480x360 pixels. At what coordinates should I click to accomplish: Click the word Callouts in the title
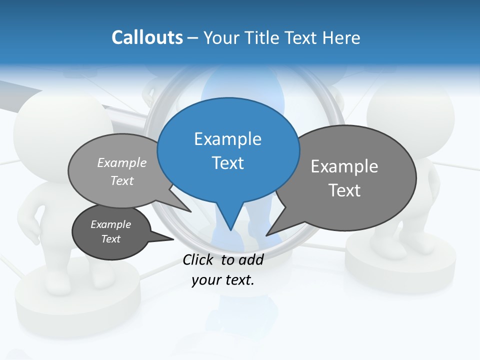(x=147, y=37)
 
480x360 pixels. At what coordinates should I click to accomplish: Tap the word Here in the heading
(x=342, y=37)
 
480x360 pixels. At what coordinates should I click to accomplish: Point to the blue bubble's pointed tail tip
(x=230, y=230)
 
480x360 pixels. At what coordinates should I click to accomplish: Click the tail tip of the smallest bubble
(x=173, y=239)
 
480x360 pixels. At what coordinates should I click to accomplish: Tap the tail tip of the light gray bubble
(x=190, y=211)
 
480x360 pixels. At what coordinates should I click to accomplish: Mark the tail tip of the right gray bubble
(x=266, y=235)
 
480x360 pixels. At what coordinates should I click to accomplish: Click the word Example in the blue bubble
(x=227, y=139)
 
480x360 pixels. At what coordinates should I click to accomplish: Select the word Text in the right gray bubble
(x=344, y=190)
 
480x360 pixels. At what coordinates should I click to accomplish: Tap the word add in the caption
(x=250, y=259)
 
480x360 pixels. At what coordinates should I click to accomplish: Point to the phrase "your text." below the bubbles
(x=223, y=280)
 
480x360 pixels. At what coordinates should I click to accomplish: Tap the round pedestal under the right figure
(x=400, y=265)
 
